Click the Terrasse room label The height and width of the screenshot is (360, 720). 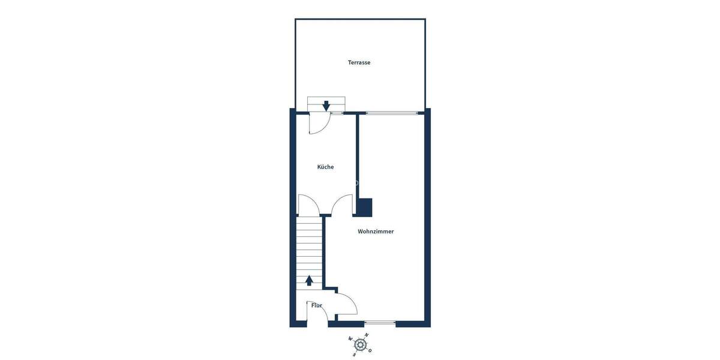pos(359,62)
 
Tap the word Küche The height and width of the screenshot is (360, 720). pos(325,167)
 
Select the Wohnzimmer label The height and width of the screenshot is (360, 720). pos(376,231)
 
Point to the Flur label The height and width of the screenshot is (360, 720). pos(316,305)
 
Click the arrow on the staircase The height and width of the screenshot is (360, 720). pos(310,280)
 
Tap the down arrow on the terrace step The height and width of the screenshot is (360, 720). pos(326,106)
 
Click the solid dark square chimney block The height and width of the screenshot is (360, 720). pos(365,207)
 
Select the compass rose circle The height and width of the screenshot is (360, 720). pos(360,344)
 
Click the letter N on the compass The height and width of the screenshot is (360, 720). pos(367,335)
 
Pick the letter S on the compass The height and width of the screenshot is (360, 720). pos(354,354)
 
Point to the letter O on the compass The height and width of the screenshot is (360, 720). pos(370,350)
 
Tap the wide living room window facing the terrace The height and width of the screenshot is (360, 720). pos(392,113)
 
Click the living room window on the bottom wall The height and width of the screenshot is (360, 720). pos(380,323)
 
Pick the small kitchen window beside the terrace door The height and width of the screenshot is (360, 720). pos(337,113)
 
